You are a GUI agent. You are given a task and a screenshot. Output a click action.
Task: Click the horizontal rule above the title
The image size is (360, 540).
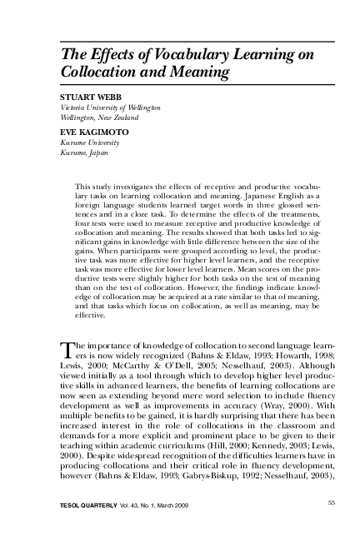179,38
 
